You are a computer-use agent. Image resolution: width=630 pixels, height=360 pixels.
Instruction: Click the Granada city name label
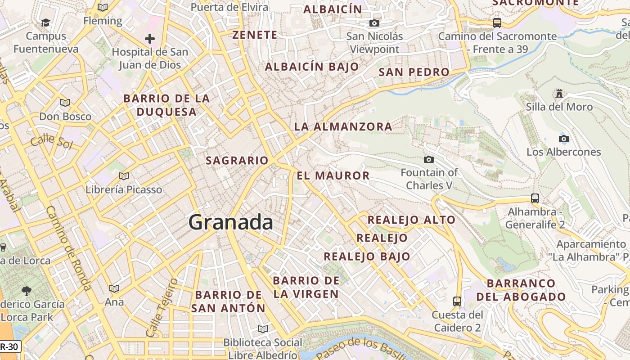[x=230, y=222]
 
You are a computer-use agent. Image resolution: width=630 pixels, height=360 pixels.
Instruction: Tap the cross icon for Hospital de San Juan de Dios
[x=150, y=39]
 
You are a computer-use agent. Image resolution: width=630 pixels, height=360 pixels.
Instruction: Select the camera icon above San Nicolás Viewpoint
[x=374, y=23]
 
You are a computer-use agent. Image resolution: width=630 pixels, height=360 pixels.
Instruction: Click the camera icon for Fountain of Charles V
[x=429, y=159]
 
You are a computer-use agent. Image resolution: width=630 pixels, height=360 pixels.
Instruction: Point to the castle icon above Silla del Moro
[x=559, y=93]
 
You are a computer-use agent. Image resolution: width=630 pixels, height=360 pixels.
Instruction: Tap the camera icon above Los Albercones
[x=563, y=139]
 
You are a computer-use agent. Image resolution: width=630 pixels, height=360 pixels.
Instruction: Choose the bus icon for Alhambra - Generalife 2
[x=535, y=198]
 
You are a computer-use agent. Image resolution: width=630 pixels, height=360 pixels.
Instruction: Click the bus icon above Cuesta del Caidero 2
[x=457, y=301]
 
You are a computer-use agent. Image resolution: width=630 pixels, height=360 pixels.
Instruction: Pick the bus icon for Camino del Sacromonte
[x=497, y=22]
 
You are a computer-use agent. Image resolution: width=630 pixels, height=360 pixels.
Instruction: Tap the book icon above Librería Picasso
[x=124, y=176]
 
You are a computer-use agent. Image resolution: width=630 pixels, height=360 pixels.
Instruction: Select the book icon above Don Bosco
[x=65, y=103]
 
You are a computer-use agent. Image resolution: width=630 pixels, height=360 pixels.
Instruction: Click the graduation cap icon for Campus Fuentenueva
[x=45, y=22]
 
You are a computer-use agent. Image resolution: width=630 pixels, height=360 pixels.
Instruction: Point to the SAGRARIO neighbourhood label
[x=237, y=160]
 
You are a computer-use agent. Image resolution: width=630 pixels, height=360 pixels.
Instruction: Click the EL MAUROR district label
[x=333, y=175]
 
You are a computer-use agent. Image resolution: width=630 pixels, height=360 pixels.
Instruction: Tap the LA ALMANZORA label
[x=343, y=127]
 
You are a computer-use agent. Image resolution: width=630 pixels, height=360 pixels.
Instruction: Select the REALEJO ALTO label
[x=411, y=220]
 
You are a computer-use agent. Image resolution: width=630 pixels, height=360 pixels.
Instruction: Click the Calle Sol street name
[x=52, y=141]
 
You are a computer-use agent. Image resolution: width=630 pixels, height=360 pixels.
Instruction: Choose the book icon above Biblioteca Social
[x=262, y=329]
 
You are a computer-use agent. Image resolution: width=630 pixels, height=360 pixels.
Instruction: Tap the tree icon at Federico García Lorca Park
[x=27, y=291]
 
